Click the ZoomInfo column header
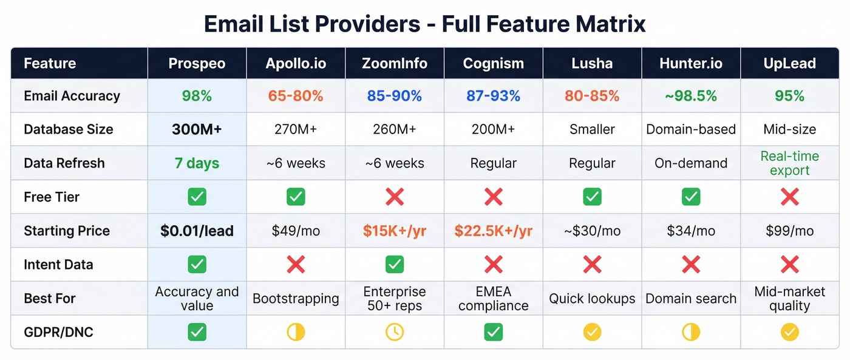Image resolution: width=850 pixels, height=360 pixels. (395, 63)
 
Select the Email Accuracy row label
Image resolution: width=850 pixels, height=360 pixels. (72, 96)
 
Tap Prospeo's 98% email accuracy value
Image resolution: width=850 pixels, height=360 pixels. (197, 96)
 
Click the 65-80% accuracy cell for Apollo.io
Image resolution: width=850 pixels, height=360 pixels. (296, 96)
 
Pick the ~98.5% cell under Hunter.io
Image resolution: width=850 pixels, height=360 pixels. (691, 96)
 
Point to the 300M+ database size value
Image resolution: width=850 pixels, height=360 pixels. (197, 129)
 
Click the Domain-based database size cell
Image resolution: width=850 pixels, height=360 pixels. (691, 129)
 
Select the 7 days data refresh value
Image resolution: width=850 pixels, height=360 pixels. (197, 163)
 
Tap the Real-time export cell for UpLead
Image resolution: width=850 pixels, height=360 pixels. (789, 163)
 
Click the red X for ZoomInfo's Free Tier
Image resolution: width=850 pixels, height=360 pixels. (395, 197)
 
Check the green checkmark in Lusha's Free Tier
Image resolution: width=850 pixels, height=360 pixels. (592, 197)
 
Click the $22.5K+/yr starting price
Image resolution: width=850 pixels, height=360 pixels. (493, 231)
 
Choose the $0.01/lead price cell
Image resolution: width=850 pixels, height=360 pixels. (197, 231)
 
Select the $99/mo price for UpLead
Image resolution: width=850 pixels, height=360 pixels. (789, 231)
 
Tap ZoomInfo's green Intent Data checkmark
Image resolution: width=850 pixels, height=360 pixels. (395, 264)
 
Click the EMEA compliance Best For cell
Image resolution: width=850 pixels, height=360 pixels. (493, 299)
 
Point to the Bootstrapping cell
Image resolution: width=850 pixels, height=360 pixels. (296, 299)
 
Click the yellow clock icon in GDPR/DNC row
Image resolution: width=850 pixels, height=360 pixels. (395, 332)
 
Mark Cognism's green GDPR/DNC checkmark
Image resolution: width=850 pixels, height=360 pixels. (493, 332)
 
